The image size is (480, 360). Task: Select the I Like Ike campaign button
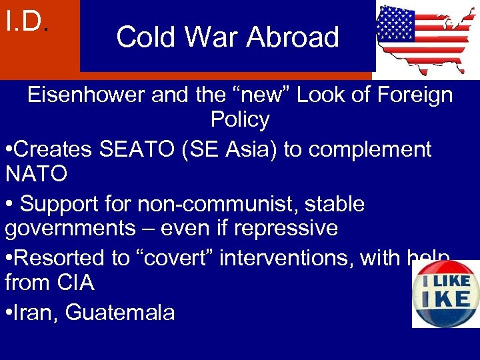click(445, 293)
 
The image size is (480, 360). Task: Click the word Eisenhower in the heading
click(86, 95)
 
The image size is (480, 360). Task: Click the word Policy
click(240, 120)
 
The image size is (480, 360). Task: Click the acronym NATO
click(36, 175)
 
